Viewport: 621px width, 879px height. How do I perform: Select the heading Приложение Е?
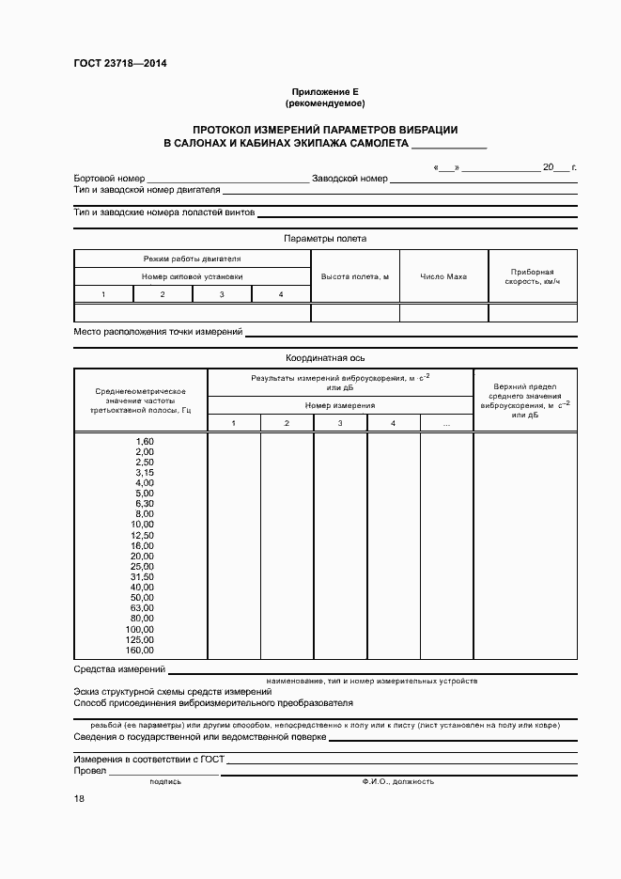[325, 91]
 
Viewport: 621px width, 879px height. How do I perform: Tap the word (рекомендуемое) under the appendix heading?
[325, 102]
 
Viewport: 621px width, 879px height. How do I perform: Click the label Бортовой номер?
[109, 179]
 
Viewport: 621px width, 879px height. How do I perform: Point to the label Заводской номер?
[349, 179]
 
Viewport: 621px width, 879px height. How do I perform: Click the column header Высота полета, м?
[354, 276]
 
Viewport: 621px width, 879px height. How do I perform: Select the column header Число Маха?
[443, 276]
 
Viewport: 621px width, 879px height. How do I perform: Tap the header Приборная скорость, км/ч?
[533, 276]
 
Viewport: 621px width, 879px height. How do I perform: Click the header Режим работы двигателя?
[192, 259]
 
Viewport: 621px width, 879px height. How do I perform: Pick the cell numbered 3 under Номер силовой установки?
[222, 295]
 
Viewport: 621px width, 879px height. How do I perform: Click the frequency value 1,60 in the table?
[144, 441]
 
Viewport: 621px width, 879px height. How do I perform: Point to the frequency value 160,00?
[139, 650]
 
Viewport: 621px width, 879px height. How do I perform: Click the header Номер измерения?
[339, 405]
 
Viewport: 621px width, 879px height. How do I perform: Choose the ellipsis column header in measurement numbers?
[445, 424]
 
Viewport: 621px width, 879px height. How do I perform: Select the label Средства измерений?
[119, 669]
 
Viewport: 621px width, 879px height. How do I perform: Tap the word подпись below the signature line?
[165, 781]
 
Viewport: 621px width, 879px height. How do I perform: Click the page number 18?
[79, 799]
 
